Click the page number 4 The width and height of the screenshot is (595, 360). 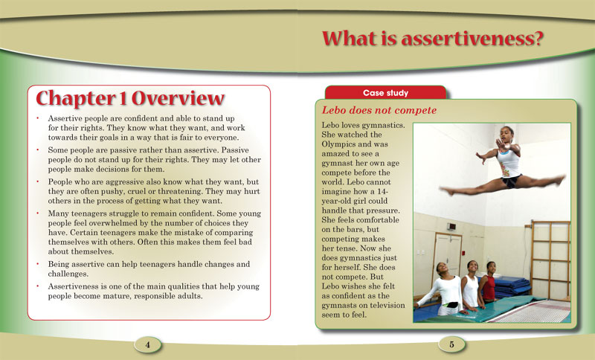(148, 344)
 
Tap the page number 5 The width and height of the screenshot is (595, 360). (451, 344)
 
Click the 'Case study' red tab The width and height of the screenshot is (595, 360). (385, 93)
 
